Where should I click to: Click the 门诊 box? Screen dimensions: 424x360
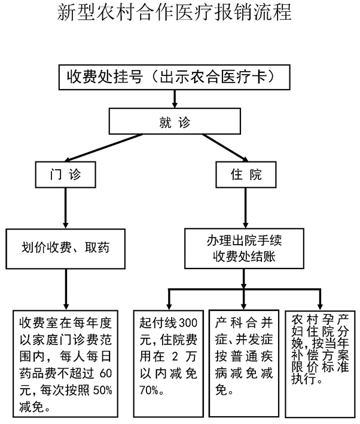pos(65,175)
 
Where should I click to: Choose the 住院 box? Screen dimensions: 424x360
pos(245,175)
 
